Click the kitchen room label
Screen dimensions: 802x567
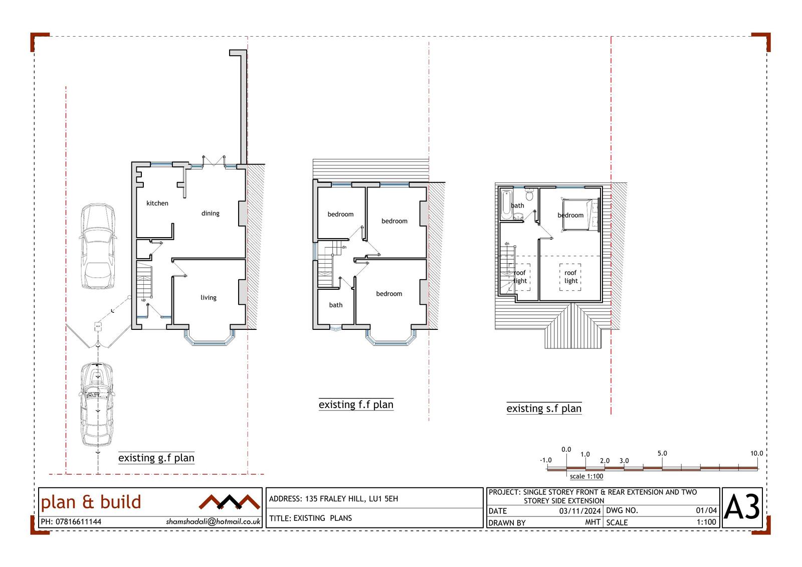point(157,204)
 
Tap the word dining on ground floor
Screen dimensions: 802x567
point(210,214)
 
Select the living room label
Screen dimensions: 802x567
point(209,298)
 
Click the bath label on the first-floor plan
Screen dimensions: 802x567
point(336,305)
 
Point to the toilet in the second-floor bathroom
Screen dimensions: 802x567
point(529,195)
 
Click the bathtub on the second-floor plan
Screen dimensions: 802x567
point(506,205)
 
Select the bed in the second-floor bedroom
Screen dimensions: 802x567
point(580,215)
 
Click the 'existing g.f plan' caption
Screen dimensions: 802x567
point(156,458)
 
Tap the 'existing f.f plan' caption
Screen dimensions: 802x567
point(356,405)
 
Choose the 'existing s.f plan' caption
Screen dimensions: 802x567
point(544,408)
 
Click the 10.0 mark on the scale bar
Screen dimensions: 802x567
point(756,454)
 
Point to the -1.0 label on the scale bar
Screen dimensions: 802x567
point(546,460)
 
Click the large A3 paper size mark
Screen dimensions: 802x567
point(742,507)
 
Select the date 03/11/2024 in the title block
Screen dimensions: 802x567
point(580,511)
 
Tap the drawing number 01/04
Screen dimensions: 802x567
point(706,510)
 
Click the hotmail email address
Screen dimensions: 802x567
point(213,521)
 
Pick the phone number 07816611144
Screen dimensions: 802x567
point(78,522)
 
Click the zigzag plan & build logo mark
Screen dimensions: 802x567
point(229,502)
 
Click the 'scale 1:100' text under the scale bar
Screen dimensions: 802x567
point(586,476)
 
